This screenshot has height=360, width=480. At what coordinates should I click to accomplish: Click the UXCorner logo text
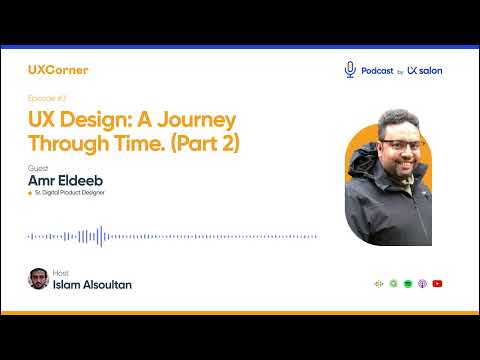coord(59,70)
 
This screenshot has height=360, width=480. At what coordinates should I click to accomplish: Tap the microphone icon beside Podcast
coord(350,69)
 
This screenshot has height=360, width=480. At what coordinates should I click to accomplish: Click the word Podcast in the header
coord(376,70)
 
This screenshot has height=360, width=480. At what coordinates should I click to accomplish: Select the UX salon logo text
coord(425,70)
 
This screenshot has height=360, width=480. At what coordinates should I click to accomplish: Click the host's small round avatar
coord(38,279)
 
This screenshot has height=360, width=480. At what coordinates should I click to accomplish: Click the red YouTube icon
coord(438,284)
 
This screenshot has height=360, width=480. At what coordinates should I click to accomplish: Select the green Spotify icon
coord(408,284)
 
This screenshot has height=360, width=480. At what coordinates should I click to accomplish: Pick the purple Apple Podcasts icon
coord(423,284)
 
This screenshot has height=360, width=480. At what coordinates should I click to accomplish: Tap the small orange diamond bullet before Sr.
coord(31,192)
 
